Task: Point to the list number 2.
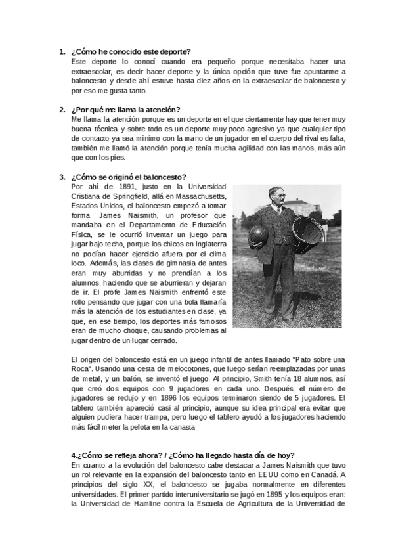(x=62, y=109)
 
